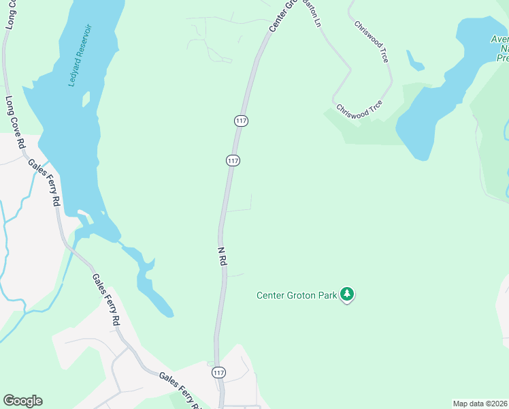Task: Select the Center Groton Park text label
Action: (297, 295)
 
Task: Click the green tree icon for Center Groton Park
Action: (348, 294)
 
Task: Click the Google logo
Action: (22, 401)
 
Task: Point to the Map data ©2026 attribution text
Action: (480, 404)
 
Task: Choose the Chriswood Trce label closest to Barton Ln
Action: (372, 41)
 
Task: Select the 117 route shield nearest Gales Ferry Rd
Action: (218, 373)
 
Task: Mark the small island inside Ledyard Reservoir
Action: (86, 100)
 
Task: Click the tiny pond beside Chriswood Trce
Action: (414, 61)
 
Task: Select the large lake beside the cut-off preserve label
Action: (442, 89)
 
